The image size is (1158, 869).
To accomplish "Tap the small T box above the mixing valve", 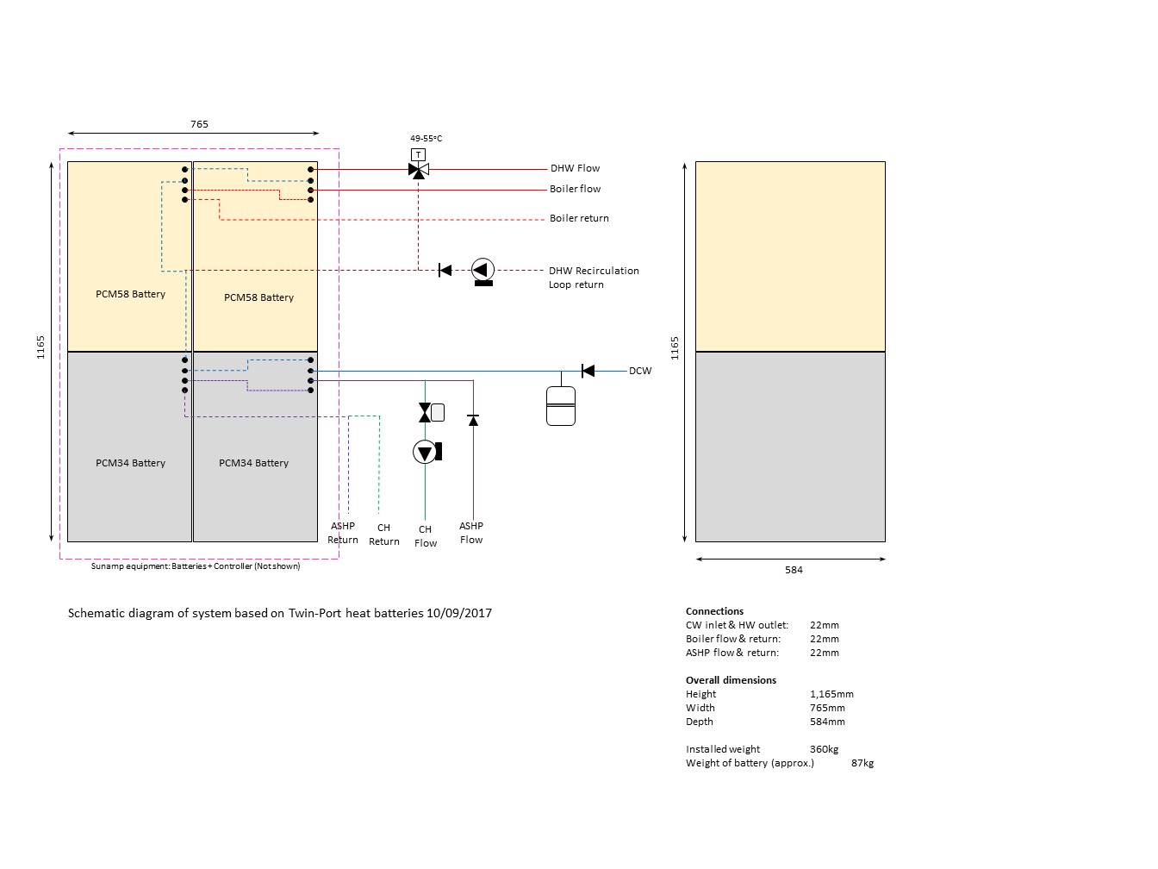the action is click(418, 154).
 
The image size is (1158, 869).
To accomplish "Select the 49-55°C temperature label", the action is click(426, 138).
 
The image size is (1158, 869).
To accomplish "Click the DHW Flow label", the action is click(575, 168).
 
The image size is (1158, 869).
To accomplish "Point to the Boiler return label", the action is click(579, 218).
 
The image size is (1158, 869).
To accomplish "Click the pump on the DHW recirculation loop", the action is click(482, 272).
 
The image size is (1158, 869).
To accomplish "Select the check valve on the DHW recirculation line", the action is click(445, 270).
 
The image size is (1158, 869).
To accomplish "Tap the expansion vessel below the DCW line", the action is click(561, 406).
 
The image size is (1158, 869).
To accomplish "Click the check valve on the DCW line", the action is click(588, 371).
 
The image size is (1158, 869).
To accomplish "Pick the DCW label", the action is click(640, 371).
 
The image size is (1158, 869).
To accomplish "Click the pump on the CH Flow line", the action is click(426, 453).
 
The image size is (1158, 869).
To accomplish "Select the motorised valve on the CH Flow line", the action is click(431, 412).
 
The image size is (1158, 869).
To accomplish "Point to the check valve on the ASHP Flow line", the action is click(473, 420).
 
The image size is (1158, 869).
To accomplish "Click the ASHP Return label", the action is click(343, 533).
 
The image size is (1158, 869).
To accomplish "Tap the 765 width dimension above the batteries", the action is click(199, 124).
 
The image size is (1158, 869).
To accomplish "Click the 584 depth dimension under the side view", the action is click(794, 570).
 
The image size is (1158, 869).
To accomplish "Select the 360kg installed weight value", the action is click(824, 749).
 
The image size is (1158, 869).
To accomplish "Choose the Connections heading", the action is click(714, 611).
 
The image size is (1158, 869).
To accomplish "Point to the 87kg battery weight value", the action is click(862, 763).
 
